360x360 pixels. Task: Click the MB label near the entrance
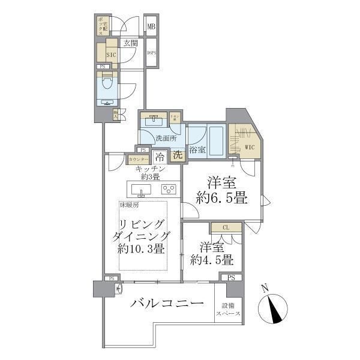[152, 26]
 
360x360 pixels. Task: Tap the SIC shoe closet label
[111, 54]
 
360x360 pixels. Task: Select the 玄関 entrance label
[130, 43]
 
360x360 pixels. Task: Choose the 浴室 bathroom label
[197, 149]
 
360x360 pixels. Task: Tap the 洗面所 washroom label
[166, 139]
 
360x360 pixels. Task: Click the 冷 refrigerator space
[160, 157]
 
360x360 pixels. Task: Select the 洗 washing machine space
[178, 155]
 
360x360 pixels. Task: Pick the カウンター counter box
[138, 160]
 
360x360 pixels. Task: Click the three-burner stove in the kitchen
[168, 189]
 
